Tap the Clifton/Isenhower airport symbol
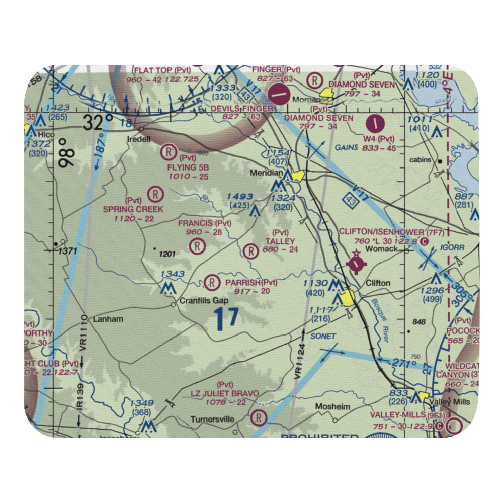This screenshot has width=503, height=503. pyautogui.click(x=356, y=263)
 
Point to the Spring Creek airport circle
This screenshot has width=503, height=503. pyautogui.click(x=156, y=193)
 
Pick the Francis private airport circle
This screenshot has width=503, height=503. pyautogui.click(x=198, y=246)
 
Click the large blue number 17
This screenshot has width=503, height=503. pyautogui.click(x=225, y=319)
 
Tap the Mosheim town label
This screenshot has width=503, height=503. pyautogui.click(x=332, y=406)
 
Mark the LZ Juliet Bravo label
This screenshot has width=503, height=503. pyautogui.click(x=224, y=393)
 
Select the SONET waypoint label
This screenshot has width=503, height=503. pyautogui.click(x=323, y=336)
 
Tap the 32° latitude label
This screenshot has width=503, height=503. pyautogui.click(x=98, y=123)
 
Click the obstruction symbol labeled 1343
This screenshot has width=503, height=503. pyautogui.click(x=167, y=288)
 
